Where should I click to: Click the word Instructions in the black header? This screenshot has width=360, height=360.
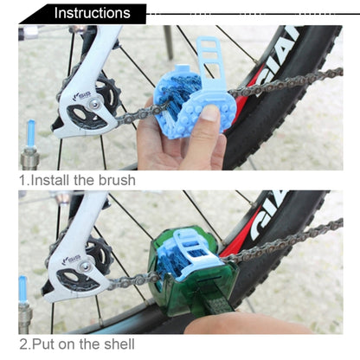pos(92,13)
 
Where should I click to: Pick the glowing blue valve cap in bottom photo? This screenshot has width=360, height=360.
pos(23,289)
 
